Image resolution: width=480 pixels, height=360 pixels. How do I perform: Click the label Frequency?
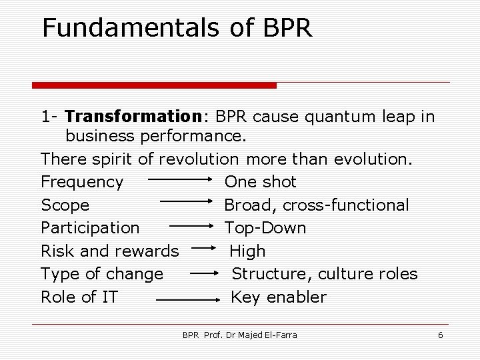(82, 182)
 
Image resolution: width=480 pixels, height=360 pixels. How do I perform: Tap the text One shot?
(261, 182)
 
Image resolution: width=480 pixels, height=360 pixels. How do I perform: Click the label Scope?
(65, 205)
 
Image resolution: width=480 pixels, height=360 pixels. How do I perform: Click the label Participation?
(90, 228)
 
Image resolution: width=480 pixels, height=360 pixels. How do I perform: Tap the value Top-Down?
(265, 228)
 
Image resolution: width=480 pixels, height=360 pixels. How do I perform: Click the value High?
(247, 251)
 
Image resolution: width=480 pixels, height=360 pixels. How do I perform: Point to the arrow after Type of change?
(207, 273)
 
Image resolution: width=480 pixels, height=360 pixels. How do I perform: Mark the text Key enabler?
(279, 297)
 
